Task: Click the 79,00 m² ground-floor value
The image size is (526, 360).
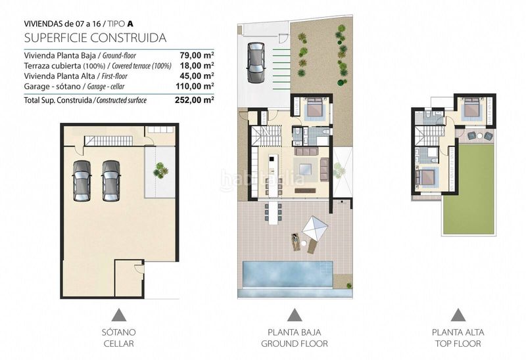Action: coord(197,55)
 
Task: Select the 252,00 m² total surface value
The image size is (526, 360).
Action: coord(195,100)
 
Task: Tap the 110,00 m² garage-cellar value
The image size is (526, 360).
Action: coord(195,86)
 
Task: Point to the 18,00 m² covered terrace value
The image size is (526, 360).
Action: coord(197,65)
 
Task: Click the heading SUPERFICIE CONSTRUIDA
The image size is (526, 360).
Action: coord(95,37)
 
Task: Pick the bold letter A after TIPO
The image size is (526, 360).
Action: coord(130,24)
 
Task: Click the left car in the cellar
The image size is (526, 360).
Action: coord(82,181)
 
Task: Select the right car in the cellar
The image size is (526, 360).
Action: coord(111,181)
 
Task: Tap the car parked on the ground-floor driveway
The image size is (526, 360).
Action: coord(256,62)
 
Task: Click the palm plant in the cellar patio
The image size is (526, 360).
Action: coord(160,170)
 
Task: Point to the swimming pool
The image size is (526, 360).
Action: coord(287,274)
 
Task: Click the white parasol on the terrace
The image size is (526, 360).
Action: coord(315,229)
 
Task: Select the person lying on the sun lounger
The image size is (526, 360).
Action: coord(295,241)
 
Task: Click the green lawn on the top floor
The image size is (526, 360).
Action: coord(469,190)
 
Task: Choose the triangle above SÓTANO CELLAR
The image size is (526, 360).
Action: coord(119,315)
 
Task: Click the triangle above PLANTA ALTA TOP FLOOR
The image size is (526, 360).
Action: coord(458,315)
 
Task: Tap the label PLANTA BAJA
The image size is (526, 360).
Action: coord(294,332)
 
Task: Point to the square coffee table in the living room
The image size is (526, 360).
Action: coord(305,168)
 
